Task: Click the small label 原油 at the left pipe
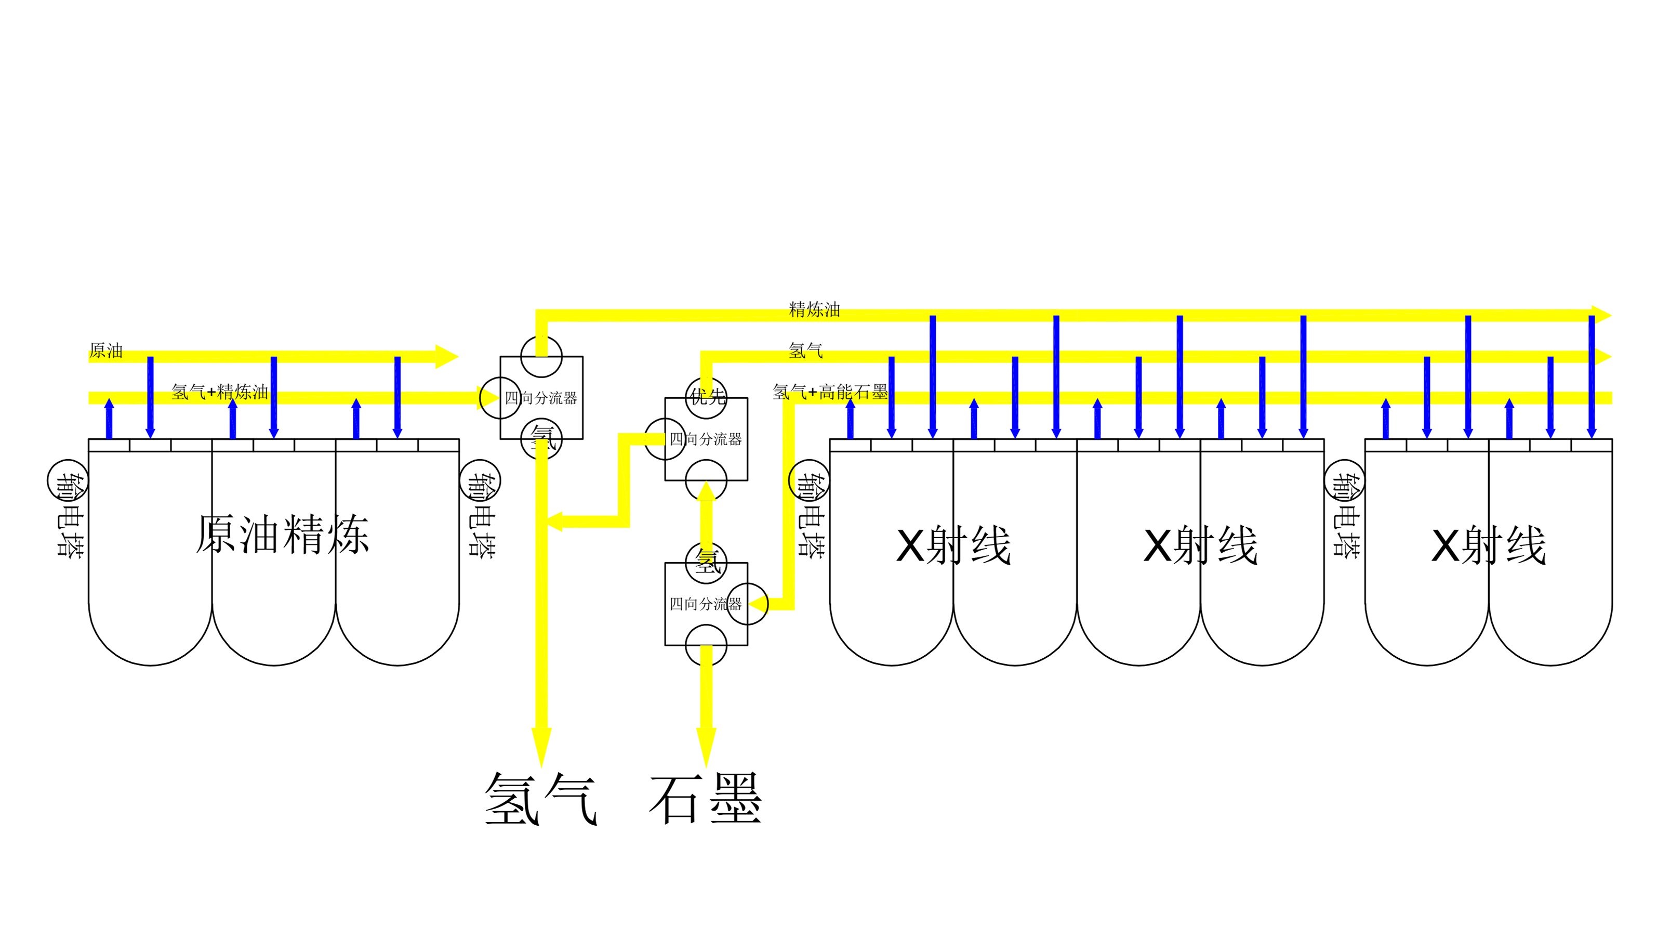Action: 106,351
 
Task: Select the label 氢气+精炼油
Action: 220,392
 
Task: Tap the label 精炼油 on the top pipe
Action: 814,309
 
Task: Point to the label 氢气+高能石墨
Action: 830,392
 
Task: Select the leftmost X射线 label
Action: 953,546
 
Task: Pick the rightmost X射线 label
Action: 1489,546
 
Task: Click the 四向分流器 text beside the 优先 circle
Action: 706,439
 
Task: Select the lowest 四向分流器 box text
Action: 706,604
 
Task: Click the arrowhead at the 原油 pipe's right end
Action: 447,357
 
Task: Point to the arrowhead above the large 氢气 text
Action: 541,747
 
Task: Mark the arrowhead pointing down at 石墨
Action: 706,747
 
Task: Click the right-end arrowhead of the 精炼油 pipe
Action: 1602,315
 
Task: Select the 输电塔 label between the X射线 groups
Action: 1346,515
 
